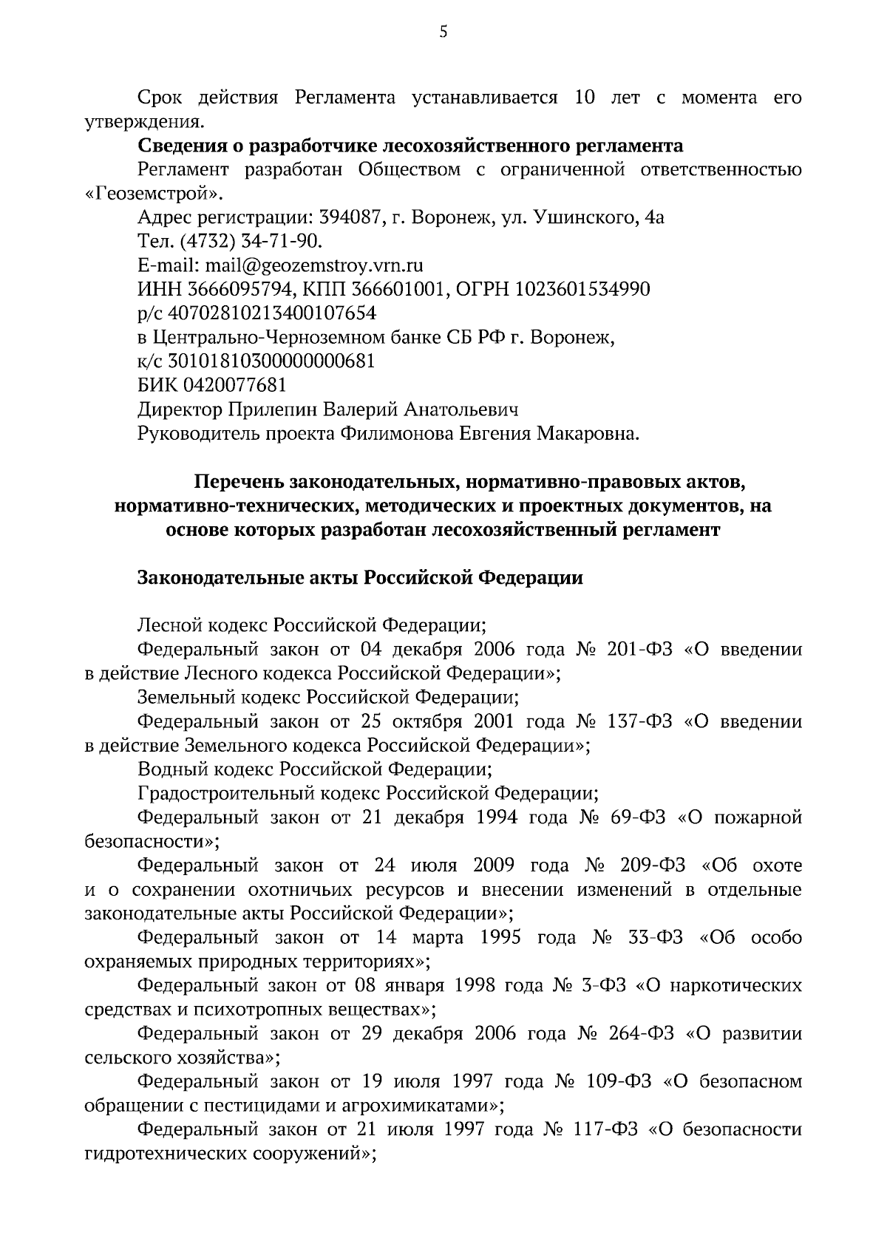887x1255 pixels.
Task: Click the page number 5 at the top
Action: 443,32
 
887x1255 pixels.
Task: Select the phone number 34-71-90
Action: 281,242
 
